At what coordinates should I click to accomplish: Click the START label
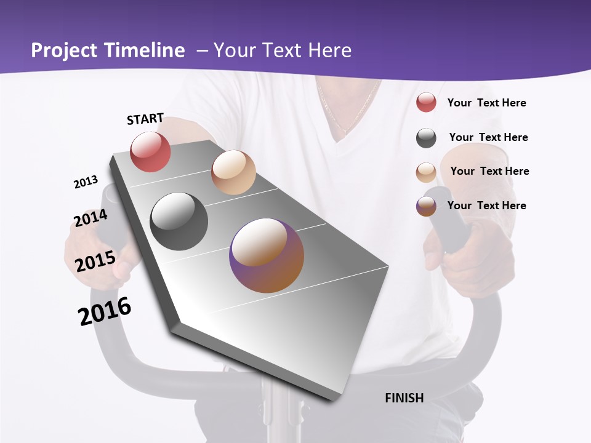click(x=145, y=119)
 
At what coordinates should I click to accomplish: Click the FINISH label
click(x=404, y=398)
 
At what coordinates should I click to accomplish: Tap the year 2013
click(x=86, y=182)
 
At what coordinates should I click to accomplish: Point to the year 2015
click(x=95, y=261)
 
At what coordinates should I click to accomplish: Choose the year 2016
click(x=105, y=311)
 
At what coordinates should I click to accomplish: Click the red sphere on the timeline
click(x=150, y=152)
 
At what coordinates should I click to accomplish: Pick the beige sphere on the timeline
click(x=233, y=172)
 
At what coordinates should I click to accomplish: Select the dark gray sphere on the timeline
click(x=179, y=221)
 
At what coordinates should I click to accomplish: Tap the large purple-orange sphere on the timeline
click(x=267, y=255)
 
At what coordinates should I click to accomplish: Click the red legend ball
click(x=426, y=103)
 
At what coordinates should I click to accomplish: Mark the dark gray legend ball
click(x=426, y=138)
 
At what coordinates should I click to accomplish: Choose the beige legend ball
click(x=426, y=172)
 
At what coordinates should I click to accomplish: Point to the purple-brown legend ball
click(x=426, y=206)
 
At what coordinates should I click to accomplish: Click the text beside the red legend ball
click(x=486, y=103)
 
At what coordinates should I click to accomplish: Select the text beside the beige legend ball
click(x=489, y=171)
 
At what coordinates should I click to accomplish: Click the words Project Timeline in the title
click(x=108, y=50)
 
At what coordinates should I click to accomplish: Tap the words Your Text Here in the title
click(x=282, y=50)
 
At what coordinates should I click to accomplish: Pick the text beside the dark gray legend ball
click(x=488, y=137)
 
